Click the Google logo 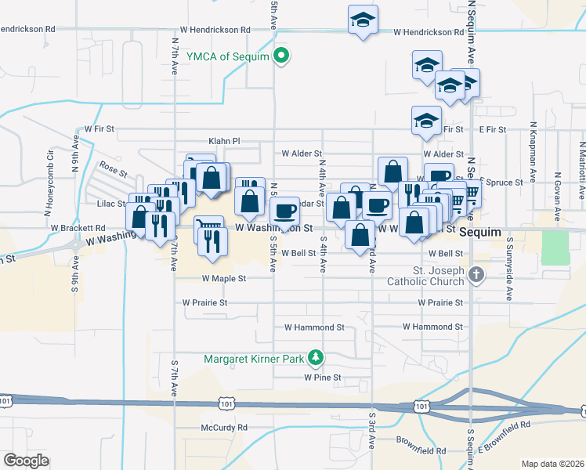pyautogui.click(x=26, y=460)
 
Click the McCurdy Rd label pyautogui.click(x=223, y=428)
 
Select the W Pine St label pyautogui.click(x=323, y=377)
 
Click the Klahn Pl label pyautogui.click(x=223, y=141)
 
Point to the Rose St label pyautogui.click(x=114, y=167)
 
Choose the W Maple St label pyautogui.click(x=224, y=278)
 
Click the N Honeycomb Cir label pyautogui.click(x=49, y=189)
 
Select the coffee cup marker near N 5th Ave pyautogui.click(x=284, y=209)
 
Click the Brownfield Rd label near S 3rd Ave pyautogui.click(x=421, y=450)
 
